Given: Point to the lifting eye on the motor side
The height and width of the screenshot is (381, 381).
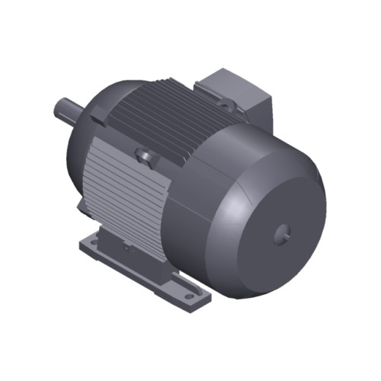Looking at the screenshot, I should pos(144,155).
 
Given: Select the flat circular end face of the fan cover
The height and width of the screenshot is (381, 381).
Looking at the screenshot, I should pos(278,221).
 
